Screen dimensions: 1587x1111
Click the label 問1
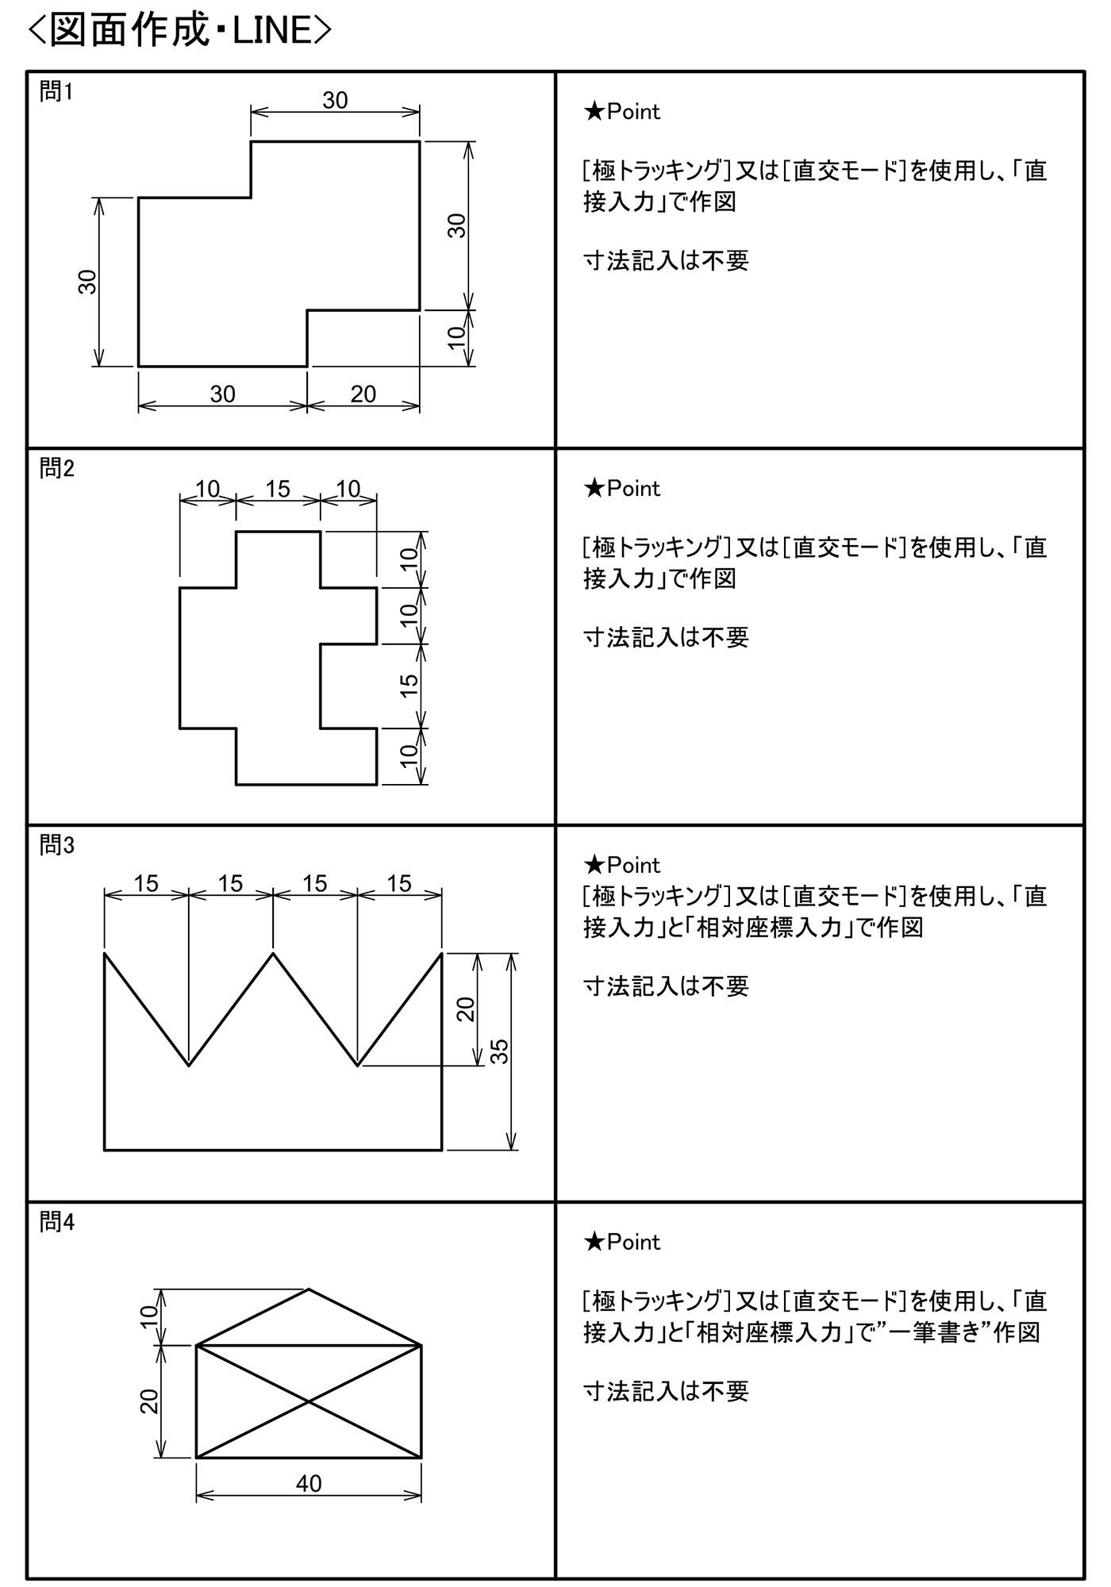tap(56, 92)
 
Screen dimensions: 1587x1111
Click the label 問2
tap(56, 469)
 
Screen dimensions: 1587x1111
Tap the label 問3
tap(56, 846)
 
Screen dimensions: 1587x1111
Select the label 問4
tap(56, 1223)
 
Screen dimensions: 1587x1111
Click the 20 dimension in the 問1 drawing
tap(363, 394)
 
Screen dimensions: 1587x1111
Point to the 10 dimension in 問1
tap(456, 338)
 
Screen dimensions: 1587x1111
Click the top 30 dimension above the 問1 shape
tap(335, 100)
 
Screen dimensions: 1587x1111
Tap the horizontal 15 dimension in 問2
tap(278, 489)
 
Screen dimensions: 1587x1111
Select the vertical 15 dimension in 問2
tap(409, 685)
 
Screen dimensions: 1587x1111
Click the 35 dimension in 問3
tap(500, 1051)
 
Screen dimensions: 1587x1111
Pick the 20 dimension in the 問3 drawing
tap(466, 1009)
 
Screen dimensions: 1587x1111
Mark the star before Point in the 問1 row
tap(594, 112)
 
